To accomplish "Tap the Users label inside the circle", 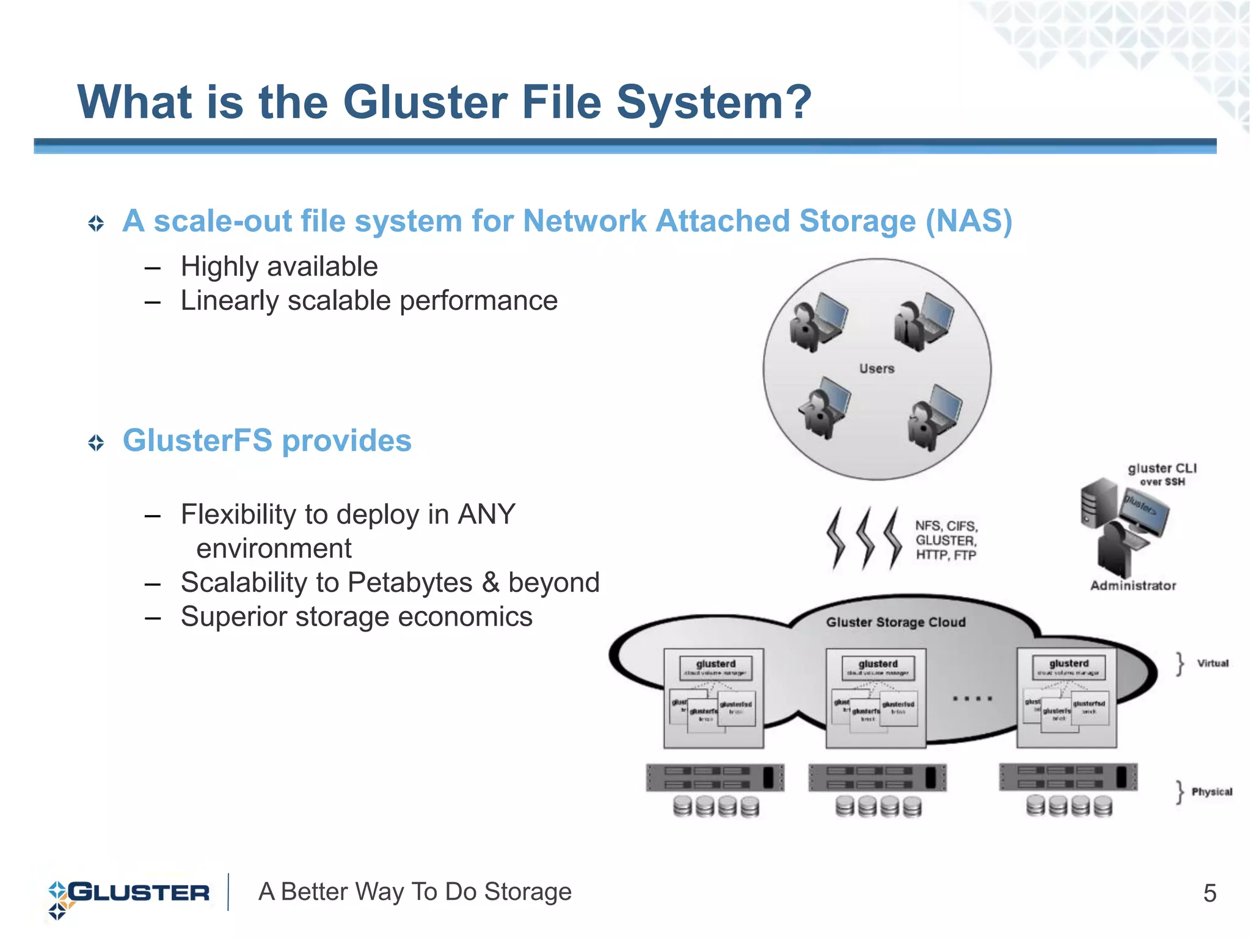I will coord(876,368).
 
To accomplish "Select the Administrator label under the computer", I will coord(1132,585).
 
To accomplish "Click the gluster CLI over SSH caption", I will coord(1162,474).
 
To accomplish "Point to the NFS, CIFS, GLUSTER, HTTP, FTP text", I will coord(946,540).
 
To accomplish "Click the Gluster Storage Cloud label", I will coord(895,622).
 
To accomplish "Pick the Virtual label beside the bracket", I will coord(1213,663).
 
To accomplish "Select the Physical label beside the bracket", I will coord(1211,792).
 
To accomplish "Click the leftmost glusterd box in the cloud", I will coord(715,667).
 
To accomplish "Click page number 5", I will coord(1209,893).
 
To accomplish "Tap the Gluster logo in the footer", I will coord(128,893).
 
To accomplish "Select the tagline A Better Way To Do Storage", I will coord(415,892).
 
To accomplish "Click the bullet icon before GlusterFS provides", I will coord(96,442).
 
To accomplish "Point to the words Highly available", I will coord(279,267).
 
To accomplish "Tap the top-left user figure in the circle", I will coord(817,323).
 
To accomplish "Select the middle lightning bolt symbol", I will coord(865,538).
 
